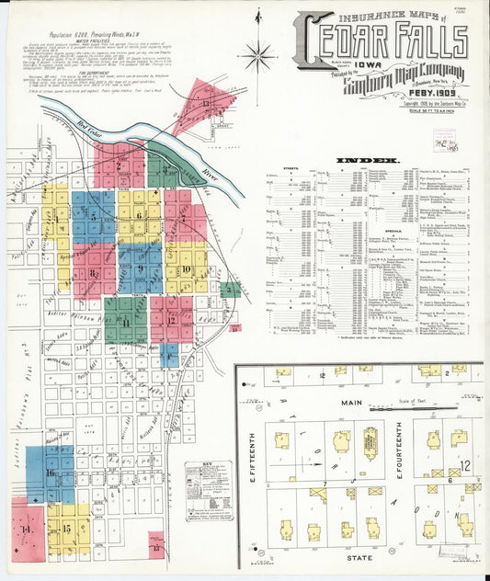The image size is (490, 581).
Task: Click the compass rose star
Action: point(262,55)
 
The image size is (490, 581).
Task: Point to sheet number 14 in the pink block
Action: point(27,529)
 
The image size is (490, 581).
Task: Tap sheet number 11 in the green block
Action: point(124,322)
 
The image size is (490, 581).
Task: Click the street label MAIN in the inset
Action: point(351,402)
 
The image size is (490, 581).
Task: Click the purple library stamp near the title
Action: point(448,142)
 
